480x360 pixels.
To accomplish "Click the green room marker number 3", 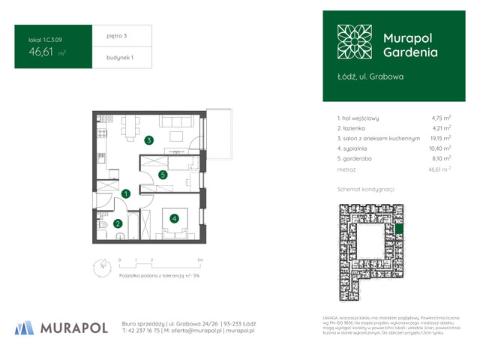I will (149, 139).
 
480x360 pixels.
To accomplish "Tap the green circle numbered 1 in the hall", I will (127, 193).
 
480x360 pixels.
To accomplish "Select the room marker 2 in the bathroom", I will (118, 223).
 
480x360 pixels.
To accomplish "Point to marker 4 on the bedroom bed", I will (174, 219).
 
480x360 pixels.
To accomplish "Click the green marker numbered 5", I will (163, 175).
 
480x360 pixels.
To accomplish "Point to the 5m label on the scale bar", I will (199, 259).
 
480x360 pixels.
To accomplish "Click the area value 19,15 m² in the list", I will (440, 138).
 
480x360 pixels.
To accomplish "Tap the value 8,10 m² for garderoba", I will (440, 159).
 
